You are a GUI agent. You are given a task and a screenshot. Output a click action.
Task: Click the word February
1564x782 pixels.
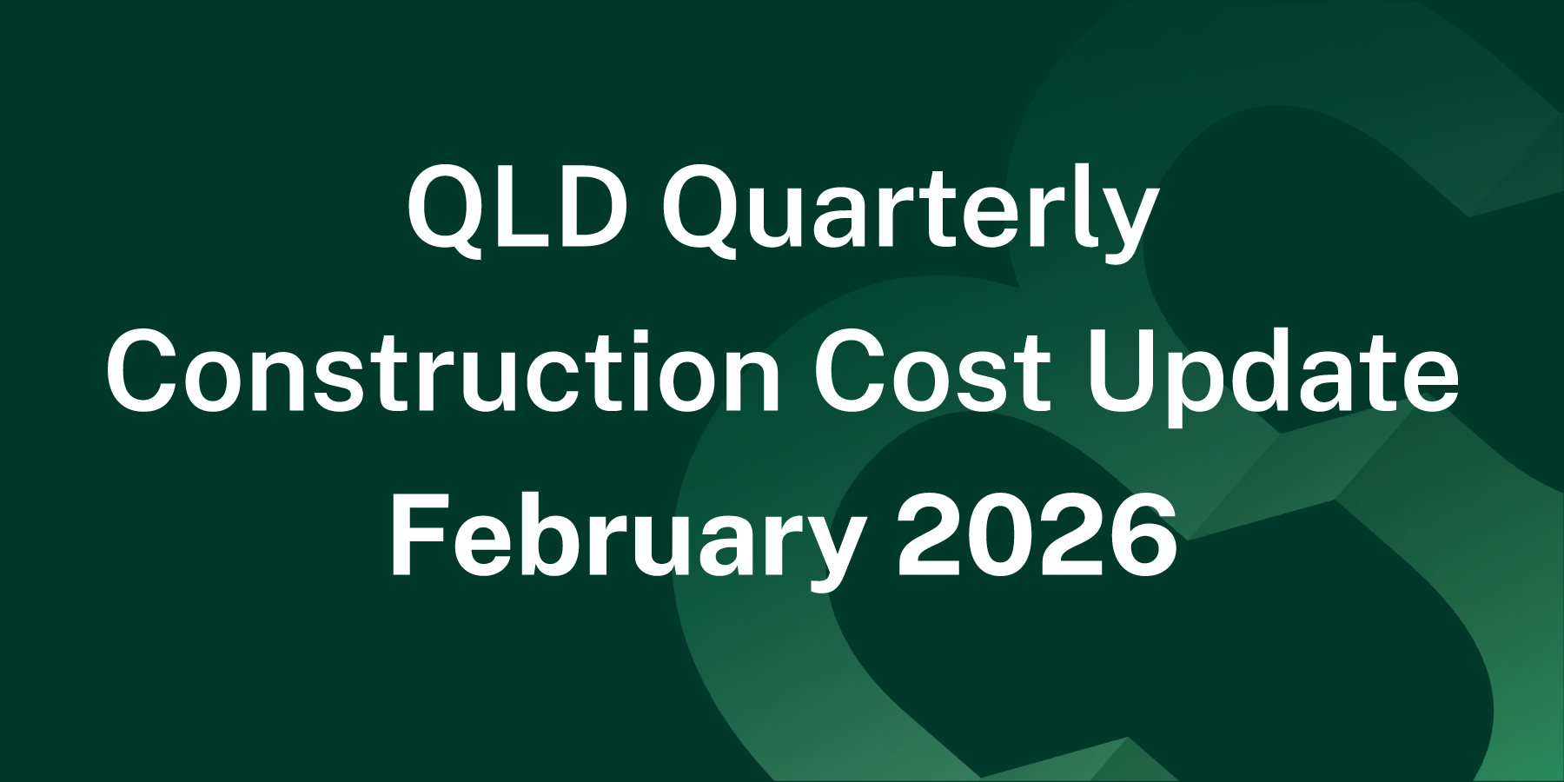(x=626, y=535)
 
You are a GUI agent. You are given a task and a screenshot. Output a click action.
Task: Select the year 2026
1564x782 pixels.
(x=1037, y=535)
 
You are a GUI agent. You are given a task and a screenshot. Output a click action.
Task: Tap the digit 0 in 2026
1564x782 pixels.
(x=1003, y=535)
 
